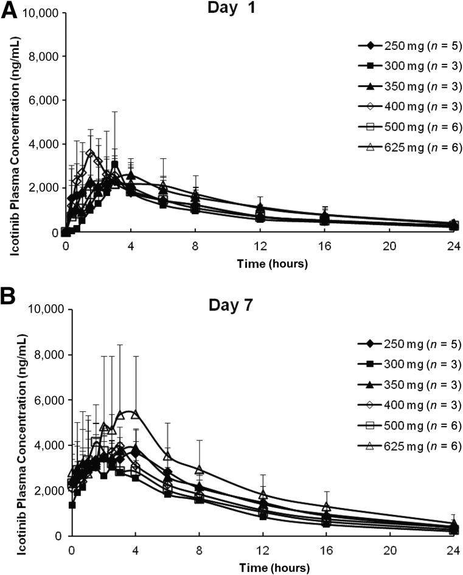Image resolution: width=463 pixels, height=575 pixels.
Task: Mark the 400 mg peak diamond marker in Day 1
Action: pyautogui.click(x=91, y=153)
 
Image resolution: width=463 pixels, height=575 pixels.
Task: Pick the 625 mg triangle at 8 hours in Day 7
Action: pyautogui.click(x=199, y=470)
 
